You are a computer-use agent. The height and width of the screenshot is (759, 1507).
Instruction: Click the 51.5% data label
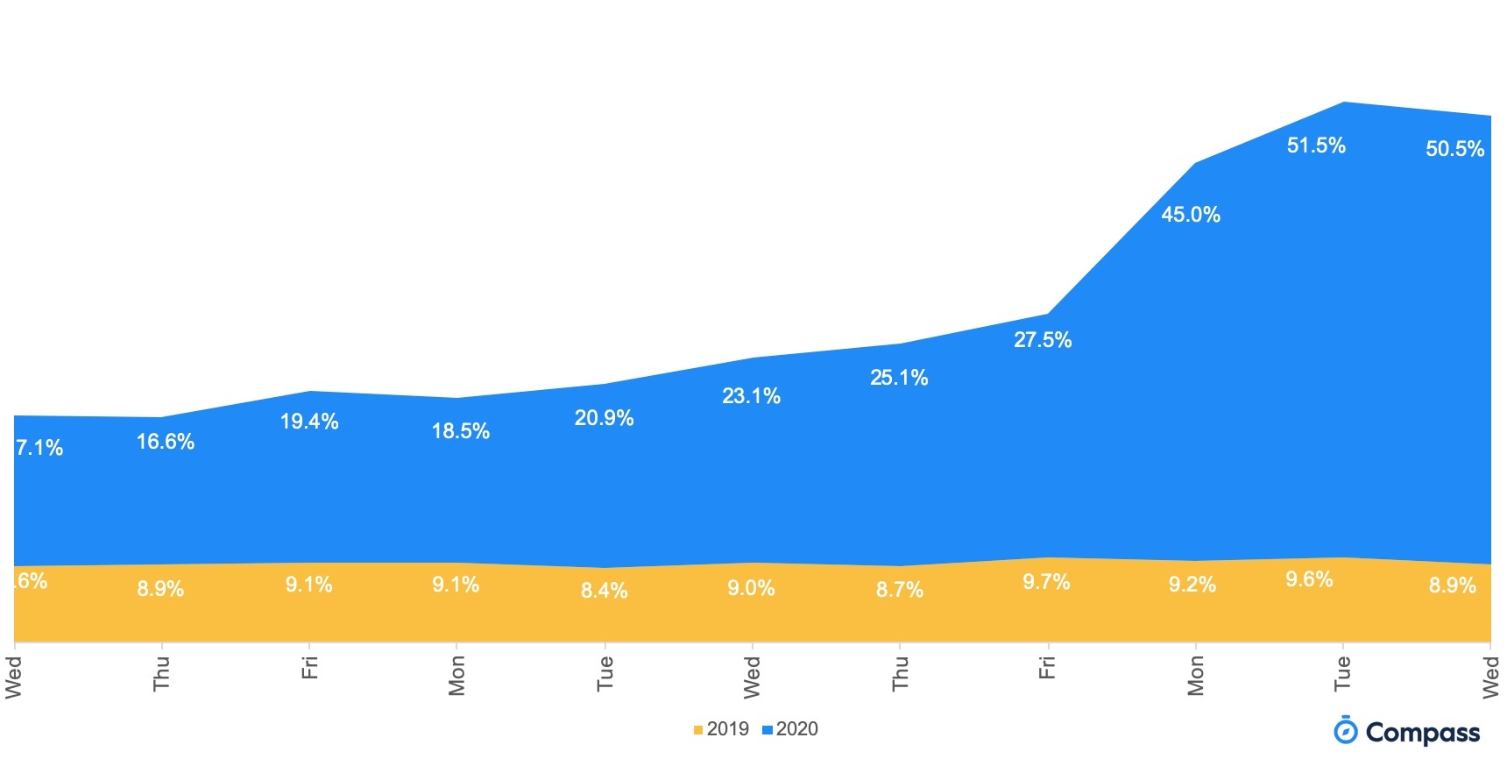point(1315,145)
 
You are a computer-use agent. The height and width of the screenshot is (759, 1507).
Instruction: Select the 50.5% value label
point(1454,149)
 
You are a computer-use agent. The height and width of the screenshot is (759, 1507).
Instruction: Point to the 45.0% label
point(1190,215)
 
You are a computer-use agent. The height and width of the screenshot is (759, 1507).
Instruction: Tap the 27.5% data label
point(1043,340)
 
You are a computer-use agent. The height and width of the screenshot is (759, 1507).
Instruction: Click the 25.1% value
point(899,378)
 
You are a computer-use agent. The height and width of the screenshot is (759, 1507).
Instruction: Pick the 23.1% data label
point(751,396)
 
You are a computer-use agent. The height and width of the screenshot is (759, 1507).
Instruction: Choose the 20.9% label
point(604,418)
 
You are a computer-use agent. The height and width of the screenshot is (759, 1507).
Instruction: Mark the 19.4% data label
point(308,422)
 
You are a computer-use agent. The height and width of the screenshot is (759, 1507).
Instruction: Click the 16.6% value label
point(165,442)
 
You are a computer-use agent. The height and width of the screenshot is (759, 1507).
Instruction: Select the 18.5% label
point(460,431)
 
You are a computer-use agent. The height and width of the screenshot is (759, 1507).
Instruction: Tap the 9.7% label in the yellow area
point(1046,582)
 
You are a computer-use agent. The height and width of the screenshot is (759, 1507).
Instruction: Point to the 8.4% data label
point(604,591)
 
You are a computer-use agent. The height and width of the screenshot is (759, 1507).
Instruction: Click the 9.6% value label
point(1309,579)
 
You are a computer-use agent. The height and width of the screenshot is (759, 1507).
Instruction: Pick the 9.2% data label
point(1192,585)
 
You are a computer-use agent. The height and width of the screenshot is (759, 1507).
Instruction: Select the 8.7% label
point(899,590)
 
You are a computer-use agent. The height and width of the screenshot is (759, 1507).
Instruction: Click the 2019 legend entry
point(721,729)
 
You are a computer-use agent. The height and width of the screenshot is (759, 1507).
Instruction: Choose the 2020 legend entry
point(790,729)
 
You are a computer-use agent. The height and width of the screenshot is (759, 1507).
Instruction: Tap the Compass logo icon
point(1345,730)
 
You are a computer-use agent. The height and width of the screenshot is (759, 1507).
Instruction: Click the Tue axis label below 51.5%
point(1341,673)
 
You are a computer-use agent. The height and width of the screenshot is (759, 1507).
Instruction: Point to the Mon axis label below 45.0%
point(1195,676)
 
